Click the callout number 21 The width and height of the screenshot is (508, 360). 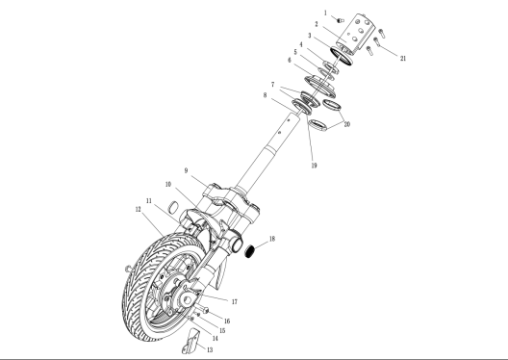coord(403,59)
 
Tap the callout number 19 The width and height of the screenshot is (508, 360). coord(314,166)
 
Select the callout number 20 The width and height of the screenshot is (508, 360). coord(347,124)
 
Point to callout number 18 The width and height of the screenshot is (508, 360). coord(272,239)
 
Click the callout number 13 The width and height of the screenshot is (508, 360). coord(210,350)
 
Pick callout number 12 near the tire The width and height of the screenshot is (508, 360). coord(138,209)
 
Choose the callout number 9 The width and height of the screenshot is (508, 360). coord(186,170)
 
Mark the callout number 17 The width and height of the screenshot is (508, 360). coord(235,301)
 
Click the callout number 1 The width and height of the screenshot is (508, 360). coord(325,13)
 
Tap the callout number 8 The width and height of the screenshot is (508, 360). coord(265,95)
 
